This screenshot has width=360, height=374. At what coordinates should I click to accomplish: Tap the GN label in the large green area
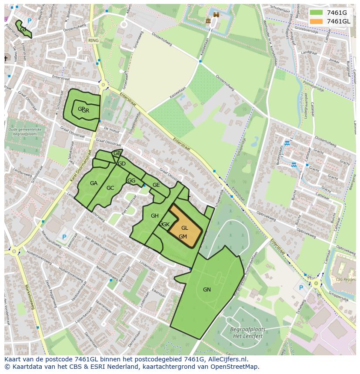point(207,289)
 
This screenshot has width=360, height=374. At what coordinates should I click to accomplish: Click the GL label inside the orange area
point(185,228)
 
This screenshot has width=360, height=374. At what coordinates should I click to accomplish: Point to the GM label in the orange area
point(183,236)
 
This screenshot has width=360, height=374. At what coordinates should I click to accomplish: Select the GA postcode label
point(93,183)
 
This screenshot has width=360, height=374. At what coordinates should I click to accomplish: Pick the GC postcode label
point(110,188)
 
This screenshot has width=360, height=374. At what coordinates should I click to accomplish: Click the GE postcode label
point(156,185)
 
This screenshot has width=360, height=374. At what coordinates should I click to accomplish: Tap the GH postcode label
point(154,215)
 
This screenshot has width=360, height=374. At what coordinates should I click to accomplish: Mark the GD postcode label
point(122,164)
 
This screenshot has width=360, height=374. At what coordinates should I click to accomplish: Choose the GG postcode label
point(131,181)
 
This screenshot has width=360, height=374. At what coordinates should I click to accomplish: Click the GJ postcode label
point(23,29)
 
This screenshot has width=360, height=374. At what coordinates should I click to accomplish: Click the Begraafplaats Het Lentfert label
point(247,332)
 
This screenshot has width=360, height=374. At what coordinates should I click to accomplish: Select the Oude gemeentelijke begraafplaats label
point(25,132)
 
